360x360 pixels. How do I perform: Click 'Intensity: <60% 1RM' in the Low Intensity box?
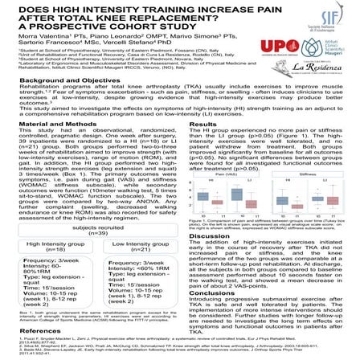coord(131,268)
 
